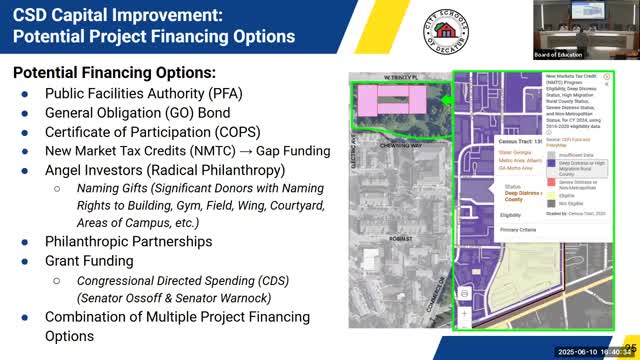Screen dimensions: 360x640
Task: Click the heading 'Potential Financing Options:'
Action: [x=114, y=75]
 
